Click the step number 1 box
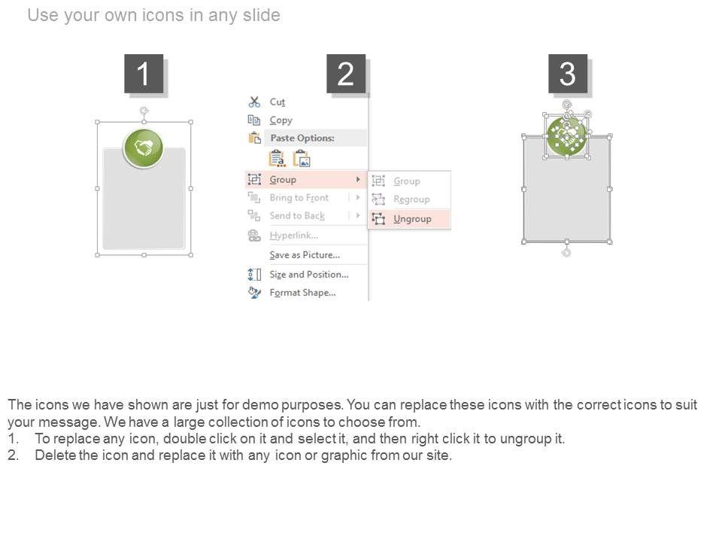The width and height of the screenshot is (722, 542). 144,74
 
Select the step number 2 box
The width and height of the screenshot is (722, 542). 346,74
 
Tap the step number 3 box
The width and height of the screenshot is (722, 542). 567,74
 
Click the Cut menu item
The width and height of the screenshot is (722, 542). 278,102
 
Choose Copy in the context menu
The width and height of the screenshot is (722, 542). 281,120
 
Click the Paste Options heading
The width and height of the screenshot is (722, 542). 302,138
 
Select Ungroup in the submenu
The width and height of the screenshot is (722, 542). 412,219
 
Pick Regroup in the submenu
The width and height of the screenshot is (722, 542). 411,199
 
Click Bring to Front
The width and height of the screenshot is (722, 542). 299,198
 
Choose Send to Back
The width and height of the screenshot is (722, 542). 297,216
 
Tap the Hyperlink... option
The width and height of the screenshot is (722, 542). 294,236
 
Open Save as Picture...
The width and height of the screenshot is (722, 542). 305,255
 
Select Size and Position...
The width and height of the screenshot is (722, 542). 309,274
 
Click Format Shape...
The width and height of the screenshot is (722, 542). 302,293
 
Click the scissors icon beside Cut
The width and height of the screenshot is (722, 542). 254,102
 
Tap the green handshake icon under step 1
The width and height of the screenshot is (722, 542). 143,148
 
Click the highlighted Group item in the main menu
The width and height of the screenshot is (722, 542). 283,180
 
